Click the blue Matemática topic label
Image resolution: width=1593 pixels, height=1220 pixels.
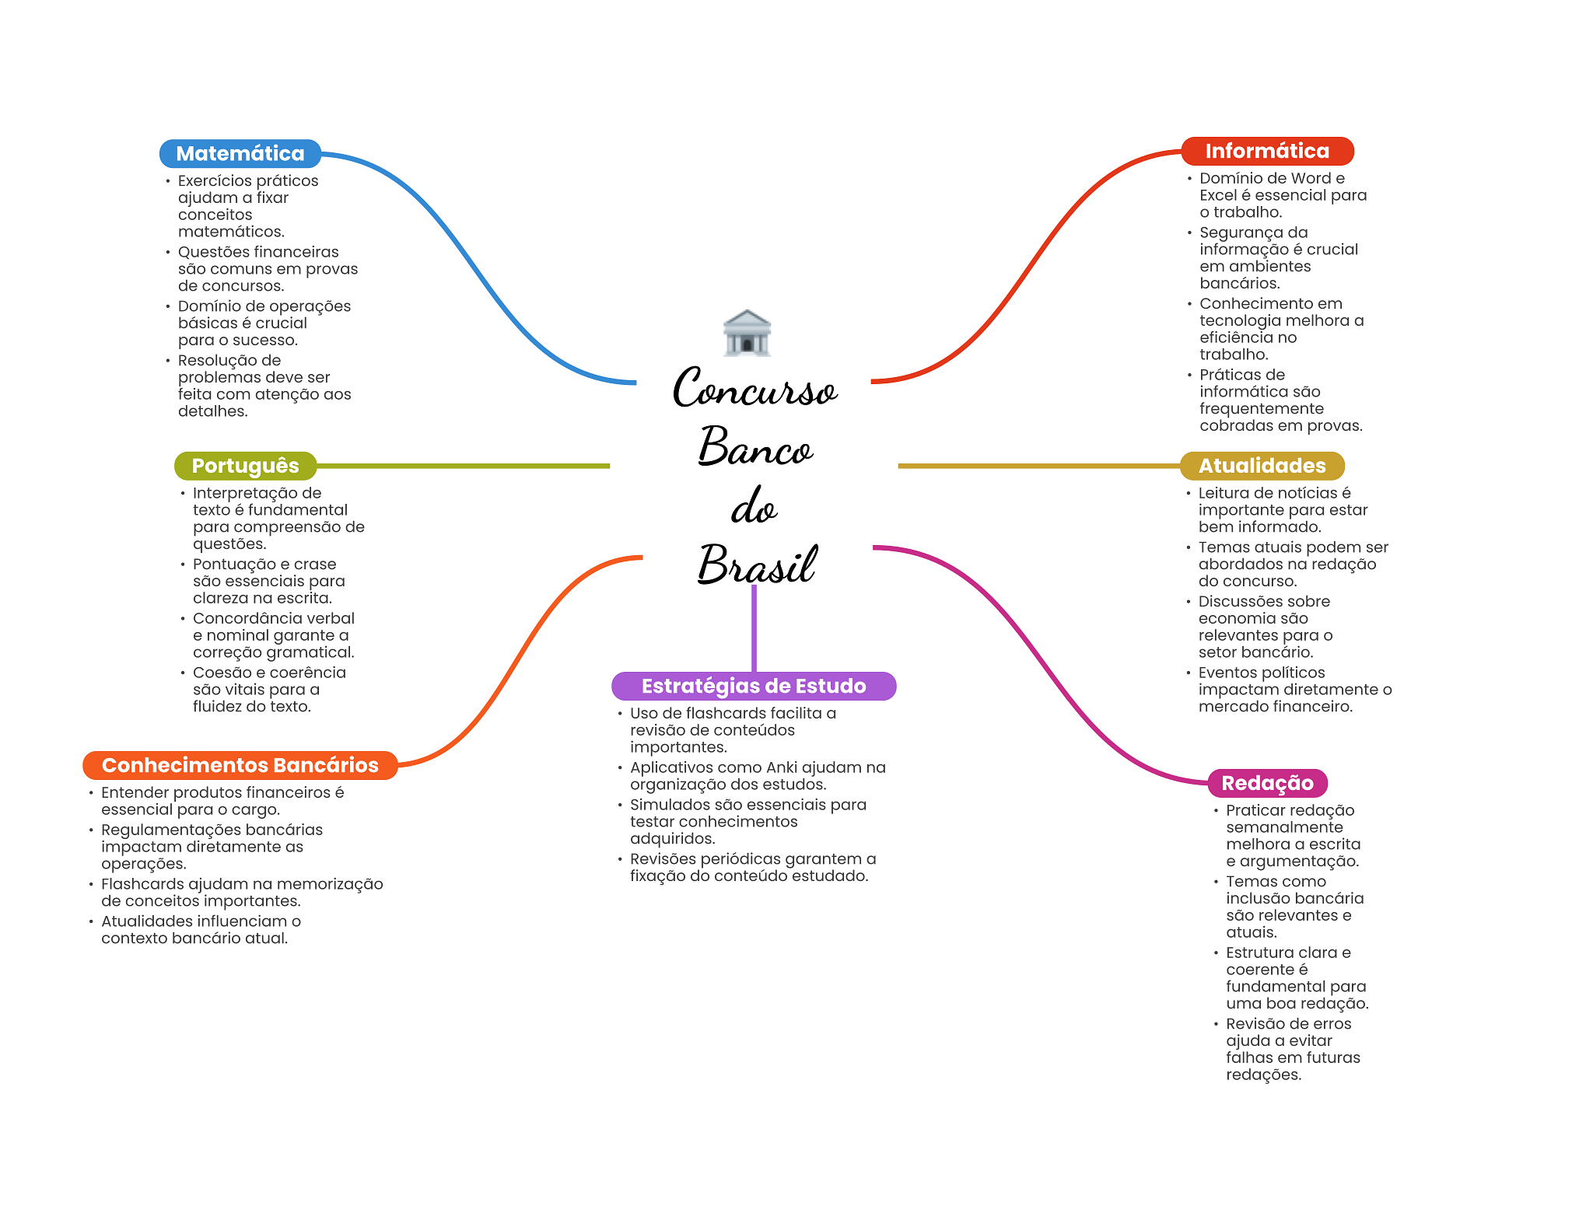coord(240,153)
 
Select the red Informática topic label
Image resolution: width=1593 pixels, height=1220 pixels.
coord(1267,151)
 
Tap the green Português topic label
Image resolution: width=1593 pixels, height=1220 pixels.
coord(245,466)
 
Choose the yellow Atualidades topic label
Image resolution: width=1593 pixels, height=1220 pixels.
coord(1262,466)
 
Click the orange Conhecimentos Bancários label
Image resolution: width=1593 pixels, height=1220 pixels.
coord(240,765)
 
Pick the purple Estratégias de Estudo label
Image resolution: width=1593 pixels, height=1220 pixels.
coord(753,686)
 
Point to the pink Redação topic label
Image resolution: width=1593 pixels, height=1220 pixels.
coord(1267,783)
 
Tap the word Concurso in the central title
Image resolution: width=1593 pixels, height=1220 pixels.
coord(754,388)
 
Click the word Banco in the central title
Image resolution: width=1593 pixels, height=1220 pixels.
coord(754,447)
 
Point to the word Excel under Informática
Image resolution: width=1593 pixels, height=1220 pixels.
coord(1217,195)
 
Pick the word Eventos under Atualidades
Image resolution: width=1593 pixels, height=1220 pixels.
coord(1227,673)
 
